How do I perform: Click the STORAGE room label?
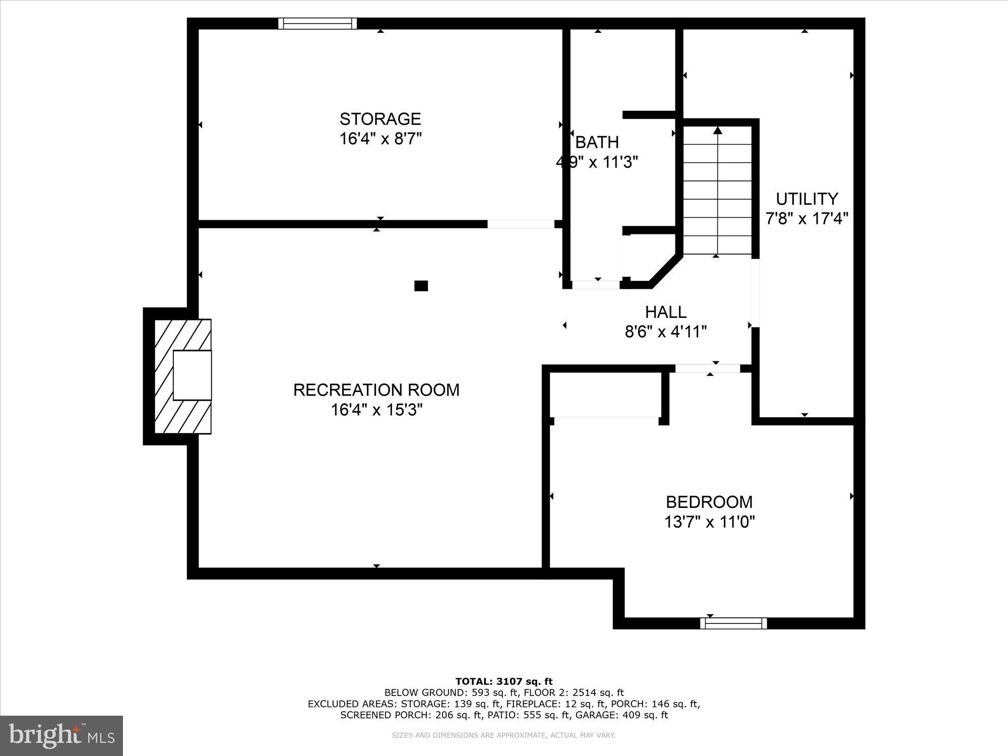coord(380,119)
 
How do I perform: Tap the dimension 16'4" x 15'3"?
coord(376,410)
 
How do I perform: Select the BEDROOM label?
coord(709,502)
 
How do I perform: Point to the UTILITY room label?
coord(806,199)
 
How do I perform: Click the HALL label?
coord(666,312)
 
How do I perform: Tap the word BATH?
coord(597,143)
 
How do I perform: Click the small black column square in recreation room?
coord(421,286)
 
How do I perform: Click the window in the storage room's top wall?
coord(318,23)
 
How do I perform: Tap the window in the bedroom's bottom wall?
coord(733,624)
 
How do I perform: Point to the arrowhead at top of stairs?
coord(718,131)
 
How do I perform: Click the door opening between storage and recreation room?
coord(521,224)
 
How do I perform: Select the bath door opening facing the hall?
coord(596,285)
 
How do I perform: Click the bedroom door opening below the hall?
coord(708,369)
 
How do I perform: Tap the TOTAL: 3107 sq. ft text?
coord(504,681)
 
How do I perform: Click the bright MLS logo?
coord(61,736)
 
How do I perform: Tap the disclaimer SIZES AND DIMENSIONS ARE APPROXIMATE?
coord(504,735)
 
